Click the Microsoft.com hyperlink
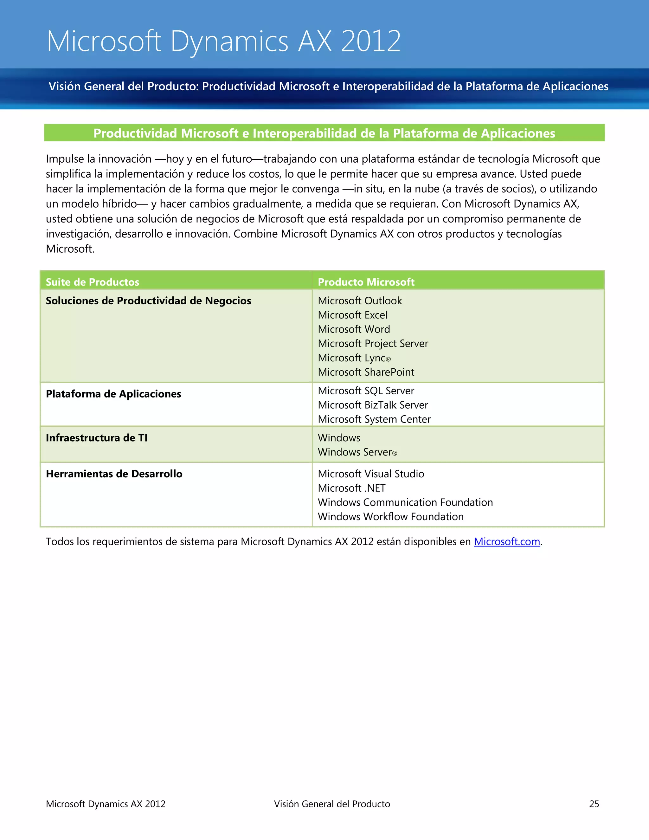pyautogui.click(x=507, y=541)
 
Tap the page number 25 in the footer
pyautogui.click(x=594, y=804)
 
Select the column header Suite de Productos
pyautogui.click(x=92, y=282)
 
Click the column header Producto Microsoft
pyautogui.click(x=366, y=282)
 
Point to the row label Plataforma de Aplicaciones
pyautogui.click(x=113, y=394)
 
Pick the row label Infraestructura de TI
pyautogui.click(x=97, y=438)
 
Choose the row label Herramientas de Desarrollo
pyautogui.click(x=114, y=474)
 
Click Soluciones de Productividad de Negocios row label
pyautogui.click(x=148, y=301)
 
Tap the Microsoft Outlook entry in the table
pyautogui.click(x=360, y=301)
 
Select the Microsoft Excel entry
pyautogui.click(x=353, y=315)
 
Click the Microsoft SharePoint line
pyautogui.click(x=366, y=372)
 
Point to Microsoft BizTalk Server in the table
pyautogui.click(x=373, y=405)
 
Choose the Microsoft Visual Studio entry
pyautogui.click(x=371, y=474)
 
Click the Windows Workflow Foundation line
pyautogui.click(x=391, y=517)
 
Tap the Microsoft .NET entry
pyautogui.click(x=351, y=488)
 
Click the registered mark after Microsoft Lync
pyautogui.click(x=388, y=359)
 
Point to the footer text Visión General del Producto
pyautogui.click(x=332, y=804)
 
